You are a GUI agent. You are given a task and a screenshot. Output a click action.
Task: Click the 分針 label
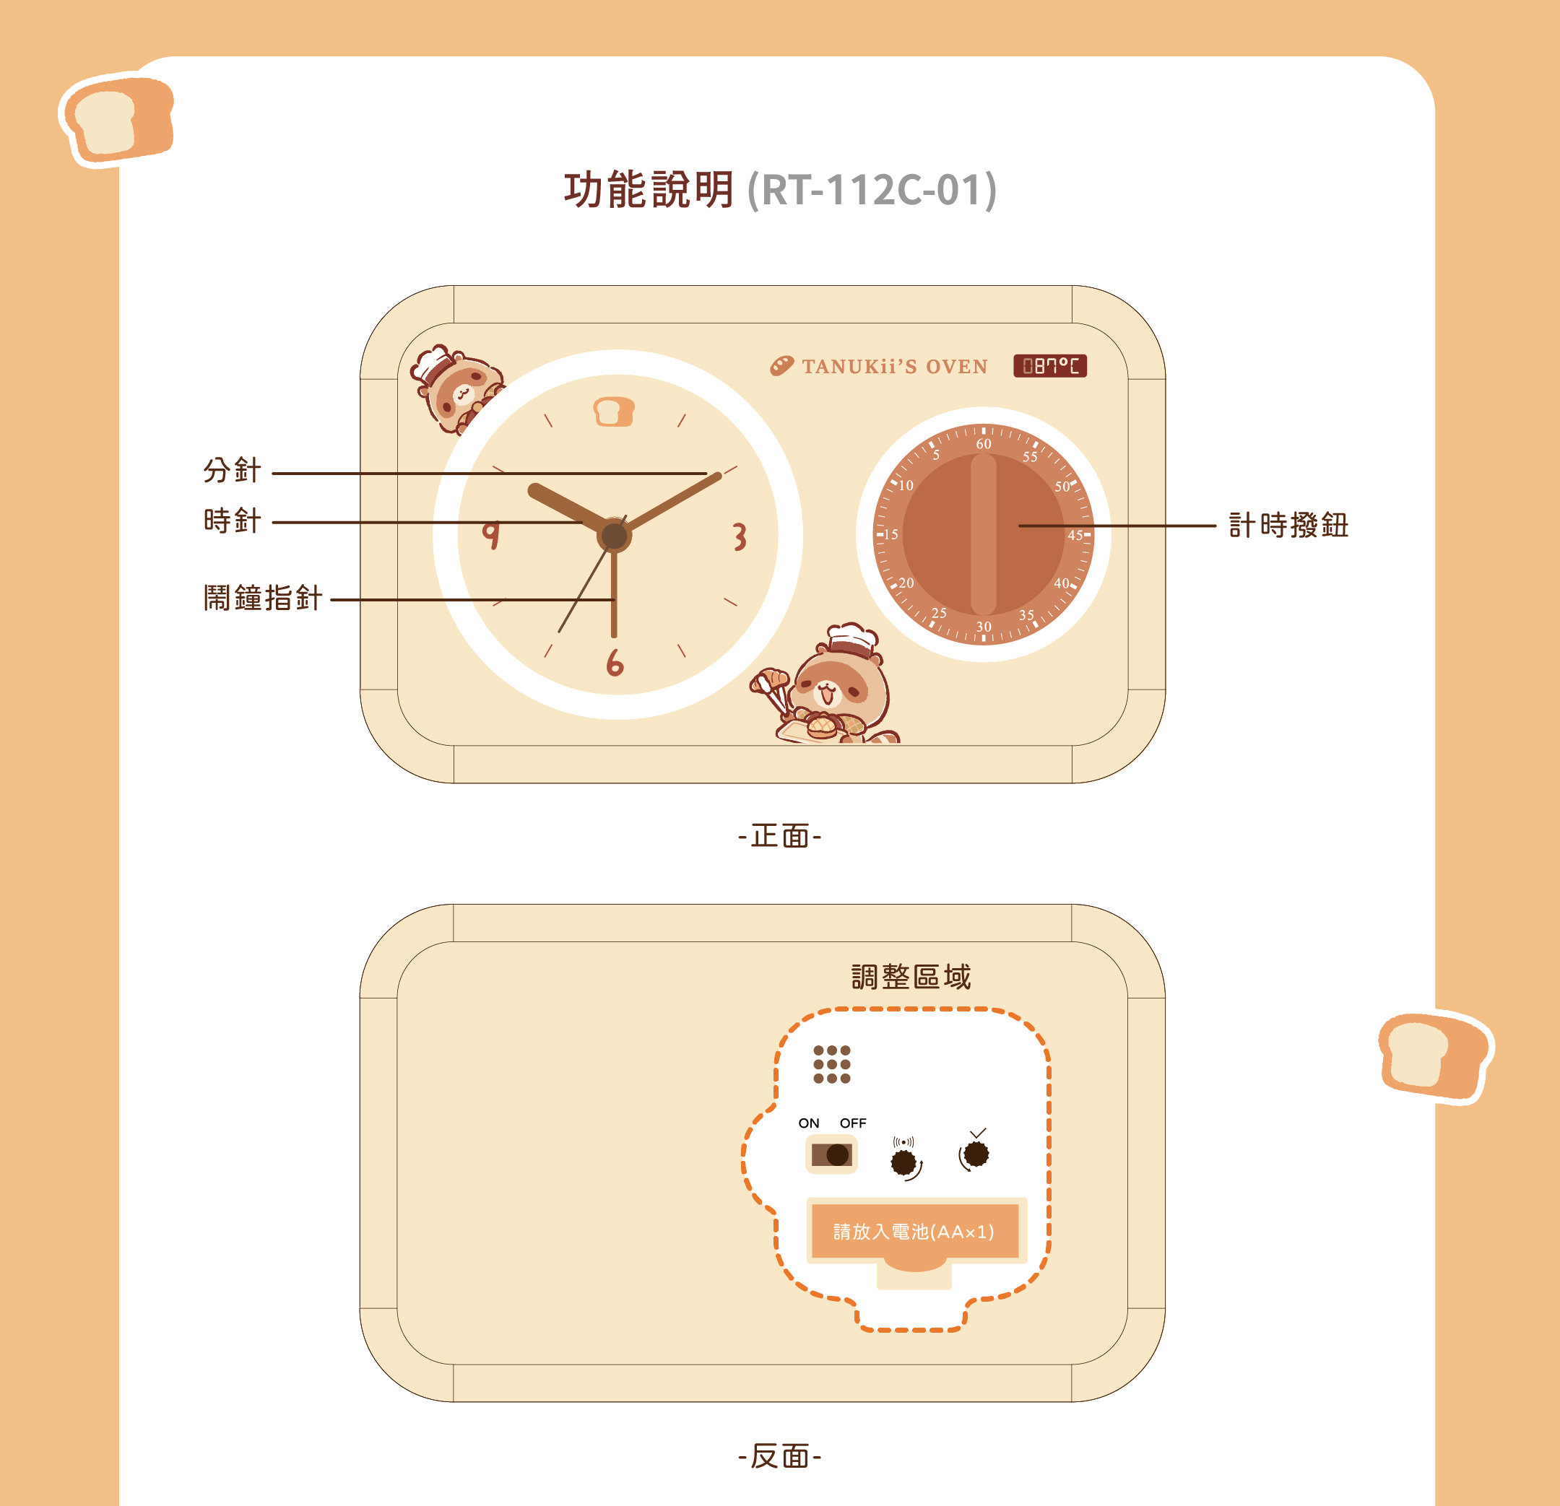(232, 470)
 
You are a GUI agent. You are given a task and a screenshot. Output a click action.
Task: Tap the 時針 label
(232, 521)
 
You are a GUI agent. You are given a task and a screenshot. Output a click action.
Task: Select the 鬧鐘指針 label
(263, 598)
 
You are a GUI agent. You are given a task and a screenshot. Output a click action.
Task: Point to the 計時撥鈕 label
(1288, 525)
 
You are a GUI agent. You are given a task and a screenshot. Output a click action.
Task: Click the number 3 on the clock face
(740, 537)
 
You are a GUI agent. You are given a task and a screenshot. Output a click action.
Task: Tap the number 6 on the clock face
(615, 662)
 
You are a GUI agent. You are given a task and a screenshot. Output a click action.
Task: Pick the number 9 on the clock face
(491, 535)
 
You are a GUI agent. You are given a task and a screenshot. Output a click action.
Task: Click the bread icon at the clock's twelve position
(614, 412)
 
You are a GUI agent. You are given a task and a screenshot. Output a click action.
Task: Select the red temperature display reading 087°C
(1050, 366)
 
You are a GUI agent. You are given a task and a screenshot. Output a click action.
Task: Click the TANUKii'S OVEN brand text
(895, 367)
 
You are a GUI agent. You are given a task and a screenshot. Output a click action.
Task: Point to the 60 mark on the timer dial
(984, 444)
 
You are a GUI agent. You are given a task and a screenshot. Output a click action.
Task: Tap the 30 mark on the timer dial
(984, 627)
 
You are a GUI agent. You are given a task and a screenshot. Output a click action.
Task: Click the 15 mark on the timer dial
(890, 535)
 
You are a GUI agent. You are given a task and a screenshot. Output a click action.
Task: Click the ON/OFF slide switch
(832, 1154)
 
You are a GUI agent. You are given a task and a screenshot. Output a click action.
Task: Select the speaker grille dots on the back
(832, 1064)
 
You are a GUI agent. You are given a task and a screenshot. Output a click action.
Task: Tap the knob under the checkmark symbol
(976, 1154)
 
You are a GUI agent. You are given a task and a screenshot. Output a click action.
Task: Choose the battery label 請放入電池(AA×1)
(914, 1232)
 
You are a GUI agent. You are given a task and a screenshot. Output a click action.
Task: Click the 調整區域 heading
(911, 977)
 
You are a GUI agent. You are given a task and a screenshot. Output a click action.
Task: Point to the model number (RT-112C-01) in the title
(872, 191)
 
